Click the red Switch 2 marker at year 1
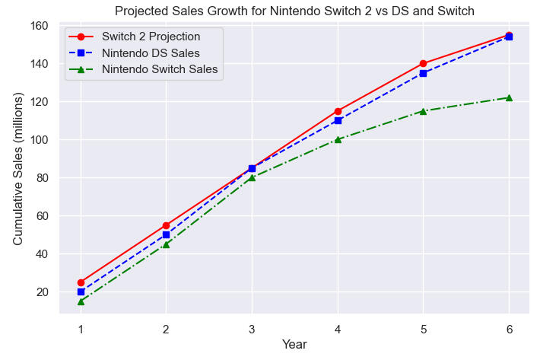click(x=81, y=282)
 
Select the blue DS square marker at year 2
click(x=166, y=234)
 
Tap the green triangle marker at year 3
click(x=252, y=177)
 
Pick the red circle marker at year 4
click(x=338, y=111)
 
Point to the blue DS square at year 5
click(x=423, y=73)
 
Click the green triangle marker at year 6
click(x=509, y=97)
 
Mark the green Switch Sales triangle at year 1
click(x=81, y=301)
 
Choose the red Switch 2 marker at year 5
click(x=423, y=63)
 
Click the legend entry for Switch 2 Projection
click(x=151, y=36)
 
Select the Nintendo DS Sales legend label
click(x=151, y=53)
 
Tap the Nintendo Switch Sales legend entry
click(x=160, y=69)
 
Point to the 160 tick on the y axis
click(x=39, y=26)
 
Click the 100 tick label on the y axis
click(x=39, y=140)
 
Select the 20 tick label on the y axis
click(x=42, y=292)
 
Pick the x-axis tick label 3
click(x=252, y=328)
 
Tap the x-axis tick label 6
click(x=509, y=328)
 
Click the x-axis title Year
click(x=294, y=345)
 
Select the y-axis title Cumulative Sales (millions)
click(x=18, y=169)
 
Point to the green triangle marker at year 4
click(x=338, y=139)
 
